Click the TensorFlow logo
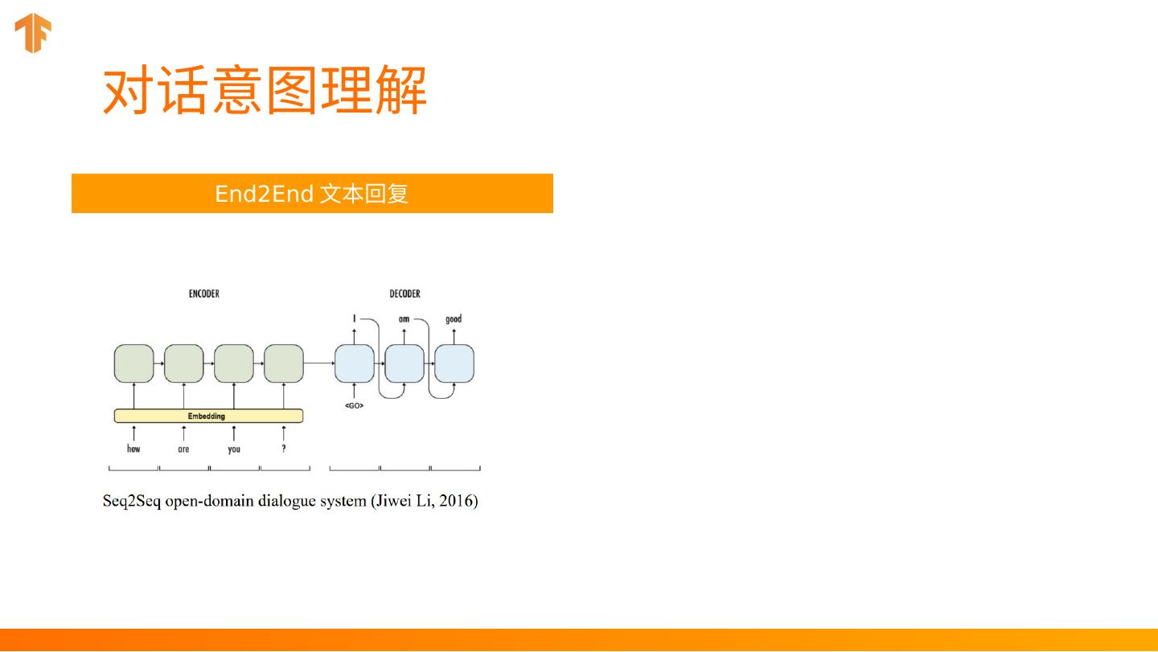(33, 34)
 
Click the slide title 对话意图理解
(265, 91)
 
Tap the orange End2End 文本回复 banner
(312, 194)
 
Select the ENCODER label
(204, 294)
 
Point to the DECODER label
(404, 294)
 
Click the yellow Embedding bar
(208, 416)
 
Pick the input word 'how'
(133, 449)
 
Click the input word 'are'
(183, 449)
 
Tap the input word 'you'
(234, 449)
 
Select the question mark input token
(284, 449)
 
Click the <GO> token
(354, 406)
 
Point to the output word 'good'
(454, 319)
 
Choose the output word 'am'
(404, 319)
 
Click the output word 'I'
(354, 319)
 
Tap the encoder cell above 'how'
(133, 363)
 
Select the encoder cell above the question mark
(284, 363)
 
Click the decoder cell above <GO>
(354, 363)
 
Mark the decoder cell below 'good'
(454, 363)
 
